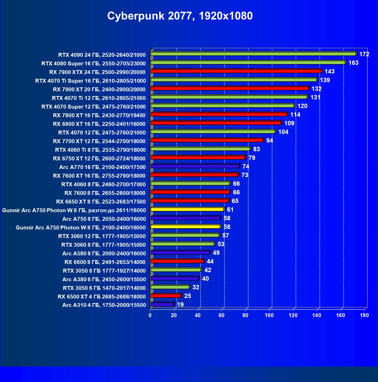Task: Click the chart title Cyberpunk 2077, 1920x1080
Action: click(x=180, y=16)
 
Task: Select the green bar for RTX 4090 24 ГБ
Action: click(x=253, y=54)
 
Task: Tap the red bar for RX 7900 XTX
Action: click(x=236, y=71)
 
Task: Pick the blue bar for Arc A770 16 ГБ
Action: click(x=195, y=166)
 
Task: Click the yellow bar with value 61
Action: click(x=187, y=209)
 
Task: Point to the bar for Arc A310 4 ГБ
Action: click(x=162, y=304)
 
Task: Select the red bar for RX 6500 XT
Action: click(x=166, y=296)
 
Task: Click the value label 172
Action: click(x=364, y=54)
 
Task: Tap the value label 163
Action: click(x=353, y=63)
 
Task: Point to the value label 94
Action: click(x=269, y=141)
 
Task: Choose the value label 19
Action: click(x=180, y=305)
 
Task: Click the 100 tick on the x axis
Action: click(x=269, y=315)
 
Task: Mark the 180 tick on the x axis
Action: click(x=364, y=315)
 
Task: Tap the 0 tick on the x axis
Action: click(x=150, y=315)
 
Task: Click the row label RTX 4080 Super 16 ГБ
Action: click(x=93, y=63)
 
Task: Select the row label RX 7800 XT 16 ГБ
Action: click(x=99, y=115)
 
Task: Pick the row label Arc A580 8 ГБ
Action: click(x=104, y=253)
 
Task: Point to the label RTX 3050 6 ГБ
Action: click(x=104, y=288)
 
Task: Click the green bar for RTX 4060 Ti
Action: click(x=200, y=149)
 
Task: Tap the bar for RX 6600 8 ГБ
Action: click(x=177, y=261)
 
